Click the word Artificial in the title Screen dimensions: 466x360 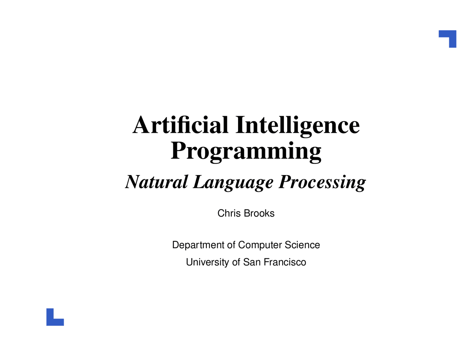180,124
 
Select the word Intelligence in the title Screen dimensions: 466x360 297,127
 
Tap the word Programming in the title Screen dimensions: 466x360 246,152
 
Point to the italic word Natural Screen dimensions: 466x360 157,182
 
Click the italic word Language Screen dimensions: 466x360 233,183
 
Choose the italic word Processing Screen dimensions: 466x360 322,183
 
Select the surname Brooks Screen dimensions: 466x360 259,213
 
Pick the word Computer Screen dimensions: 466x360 260,245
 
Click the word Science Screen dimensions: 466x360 303,245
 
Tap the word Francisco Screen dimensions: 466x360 285,262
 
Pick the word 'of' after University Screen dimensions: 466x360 236,262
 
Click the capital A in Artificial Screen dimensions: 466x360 141,125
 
